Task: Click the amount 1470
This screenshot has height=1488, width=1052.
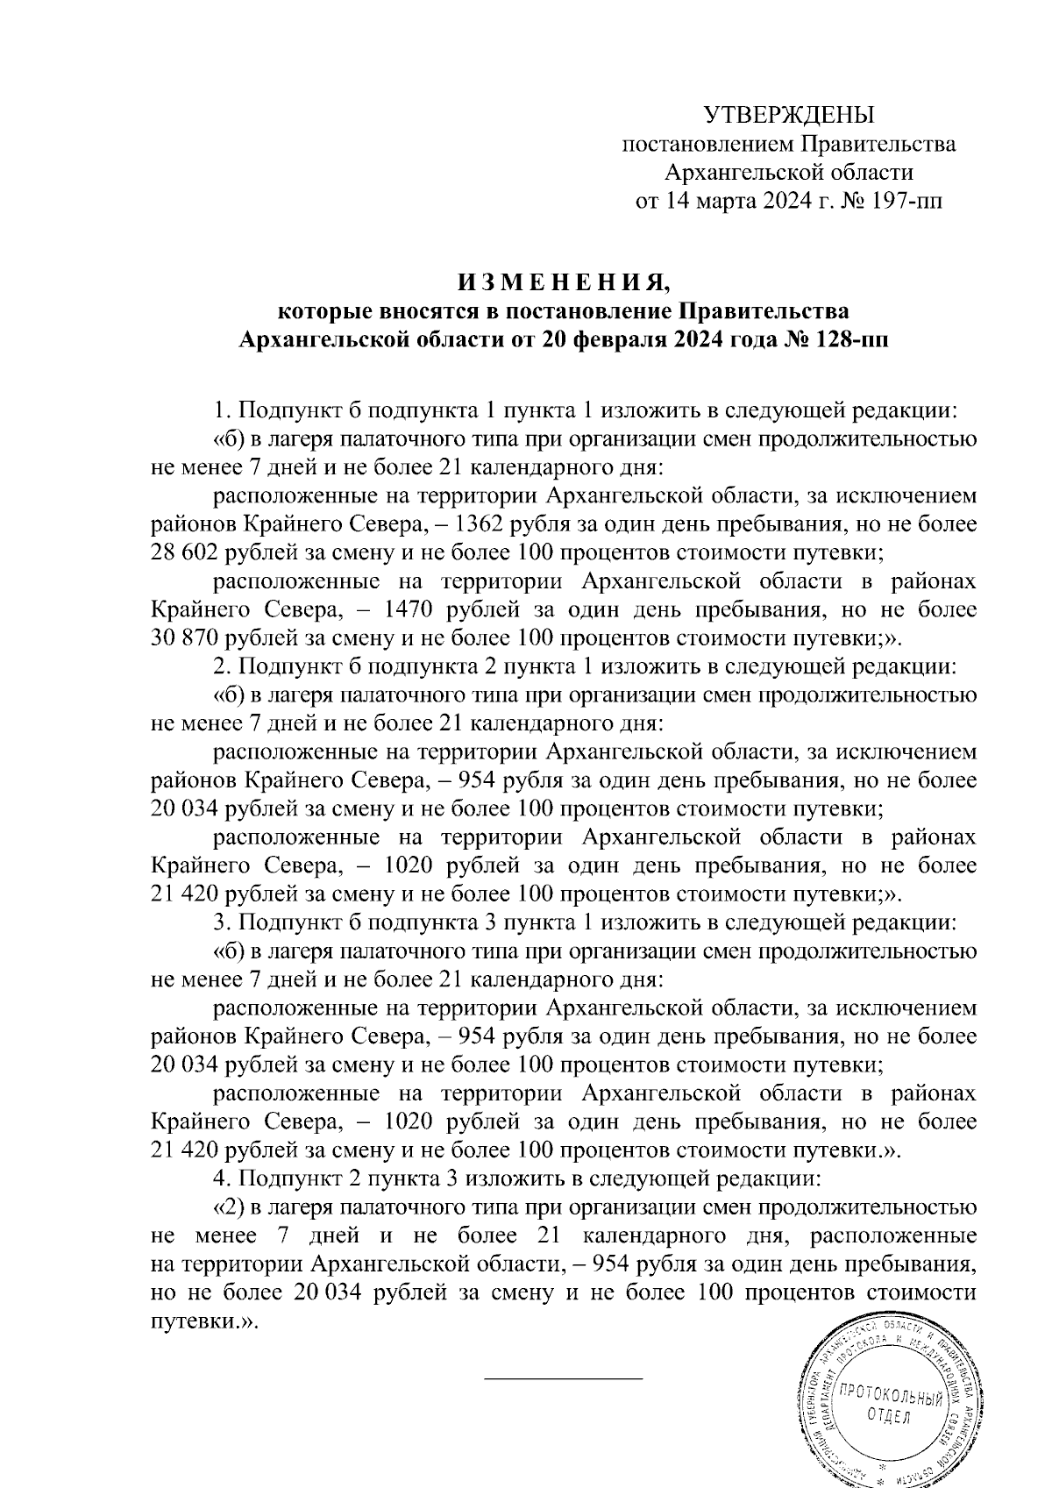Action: point(414,610)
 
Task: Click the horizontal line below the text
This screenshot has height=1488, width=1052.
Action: point(564,1378)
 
